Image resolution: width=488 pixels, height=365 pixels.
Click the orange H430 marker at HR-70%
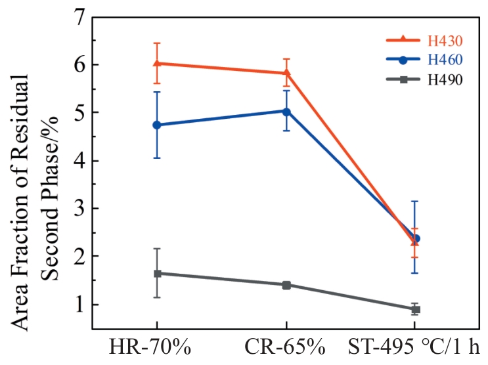[156, 63]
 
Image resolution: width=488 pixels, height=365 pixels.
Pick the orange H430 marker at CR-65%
[286, 73]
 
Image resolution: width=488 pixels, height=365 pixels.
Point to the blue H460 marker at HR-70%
[156, 125]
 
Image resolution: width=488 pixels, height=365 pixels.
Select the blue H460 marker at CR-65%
[286, 111]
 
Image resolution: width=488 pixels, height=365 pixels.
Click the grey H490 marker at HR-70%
[156, 273]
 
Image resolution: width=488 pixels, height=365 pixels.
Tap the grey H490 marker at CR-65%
[286, 285]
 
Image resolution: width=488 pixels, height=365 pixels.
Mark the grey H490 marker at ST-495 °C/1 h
[415, 309]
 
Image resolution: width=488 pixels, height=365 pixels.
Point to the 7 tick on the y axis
[80, 18]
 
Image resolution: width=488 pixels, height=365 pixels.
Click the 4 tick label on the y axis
[80, 161]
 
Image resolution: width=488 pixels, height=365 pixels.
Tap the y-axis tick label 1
[80, 305]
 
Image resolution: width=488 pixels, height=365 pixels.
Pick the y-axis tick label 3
[80, 209]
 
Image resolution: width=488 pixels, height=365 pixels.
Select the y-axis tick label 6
[80, 65]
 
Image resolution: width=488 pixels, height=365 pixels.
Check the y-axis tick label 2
[80, 257]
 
